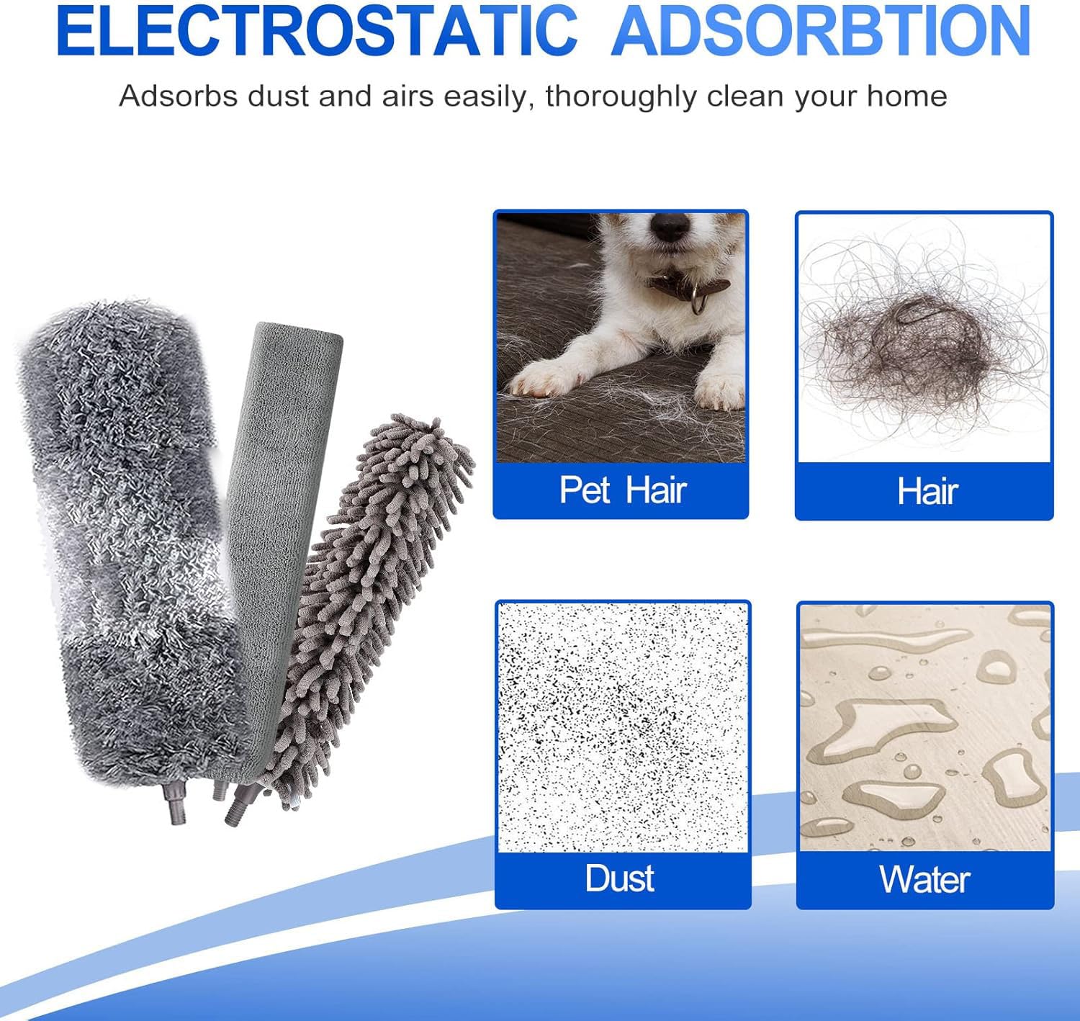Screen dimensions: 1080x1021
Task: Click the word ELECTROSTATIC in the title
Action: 317,30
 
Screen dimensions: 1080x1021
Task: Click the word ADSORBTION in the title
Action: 821,30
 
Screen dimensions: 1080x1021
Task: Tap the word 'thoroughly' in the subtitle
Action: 621,96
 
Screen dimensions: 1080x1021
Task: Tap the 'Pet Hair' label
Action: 623,490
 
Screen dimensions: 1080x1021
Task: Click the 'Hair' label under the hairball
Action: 928,491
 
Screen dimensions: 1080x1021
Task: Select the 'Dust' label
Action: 620,878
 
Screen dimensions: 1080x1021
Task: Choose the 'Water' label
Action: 925,879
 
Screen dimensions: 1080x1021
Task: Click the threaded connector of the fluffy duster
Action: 176,806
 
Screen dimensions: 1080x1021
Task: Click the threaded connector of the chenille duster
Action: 242,804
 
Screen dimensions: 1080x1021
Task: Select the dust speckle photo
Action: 622,727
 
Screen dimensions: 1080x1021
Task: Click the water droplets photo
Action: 925,728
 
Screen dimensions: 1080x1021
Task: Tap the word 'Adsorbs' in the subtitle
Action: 179,96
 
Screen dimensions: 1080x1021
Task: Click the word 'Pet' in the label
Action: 585,490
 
